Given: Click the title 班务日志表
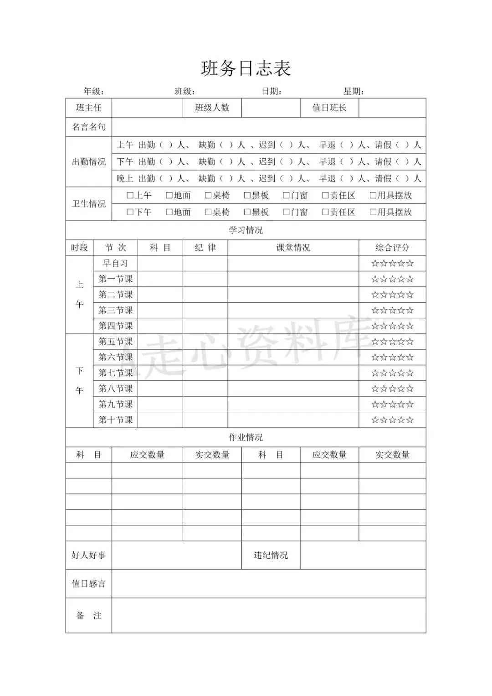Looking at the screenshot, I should tap(246, 69).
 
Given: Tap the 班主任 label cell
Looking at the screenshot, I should tap(88, 108).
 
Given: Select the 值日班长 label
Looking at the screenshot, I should tap(329, 108).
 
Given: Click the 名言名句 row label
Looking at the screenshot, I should tap(88, 127).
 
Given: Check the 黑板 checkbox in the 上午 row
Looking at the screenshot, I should tap(247, 196).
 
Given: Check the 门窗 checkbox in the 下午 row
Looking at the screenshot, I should tap(286, 213).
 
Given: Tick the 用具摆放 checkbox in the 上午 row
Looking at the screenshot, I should tap(373, 196).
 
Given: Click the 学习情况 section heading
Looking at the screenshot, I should tap(246, 230).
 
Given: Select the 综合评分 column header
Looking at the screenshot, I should tap(392, 248).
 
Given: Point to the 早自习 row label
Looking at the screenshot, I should tap(115, 263).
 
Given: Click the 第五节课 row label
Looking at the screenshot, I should tap(115, 342).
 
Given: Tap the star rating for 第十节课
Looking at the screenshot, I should tap(392, 420).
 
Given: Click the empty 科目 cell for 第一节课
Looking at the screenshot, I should tap(160, 279).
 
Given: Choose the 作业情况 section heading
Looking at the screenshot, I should tap(246, 437).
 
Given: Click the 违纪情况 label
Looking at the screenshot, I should tap(271, 556).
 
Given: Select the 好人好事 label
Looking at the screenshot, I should tap(88, 556).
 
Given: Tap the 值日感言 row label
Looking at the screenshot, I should tap(88, 584).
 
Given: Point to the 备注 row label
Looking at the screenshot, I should tap(88, 616).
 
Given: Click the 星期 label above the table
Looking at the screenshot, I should tap(354, 91).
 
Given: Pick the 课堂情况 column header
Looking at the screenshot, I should tap(293, 248).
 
